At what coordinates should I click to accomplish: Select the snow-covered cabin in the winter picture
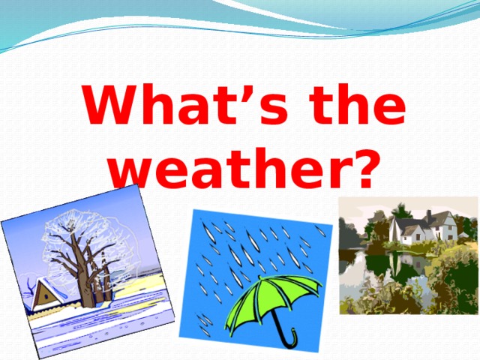[x=45, y=294]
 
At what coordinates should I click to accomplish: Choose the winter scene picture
[x=86, y=274]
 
